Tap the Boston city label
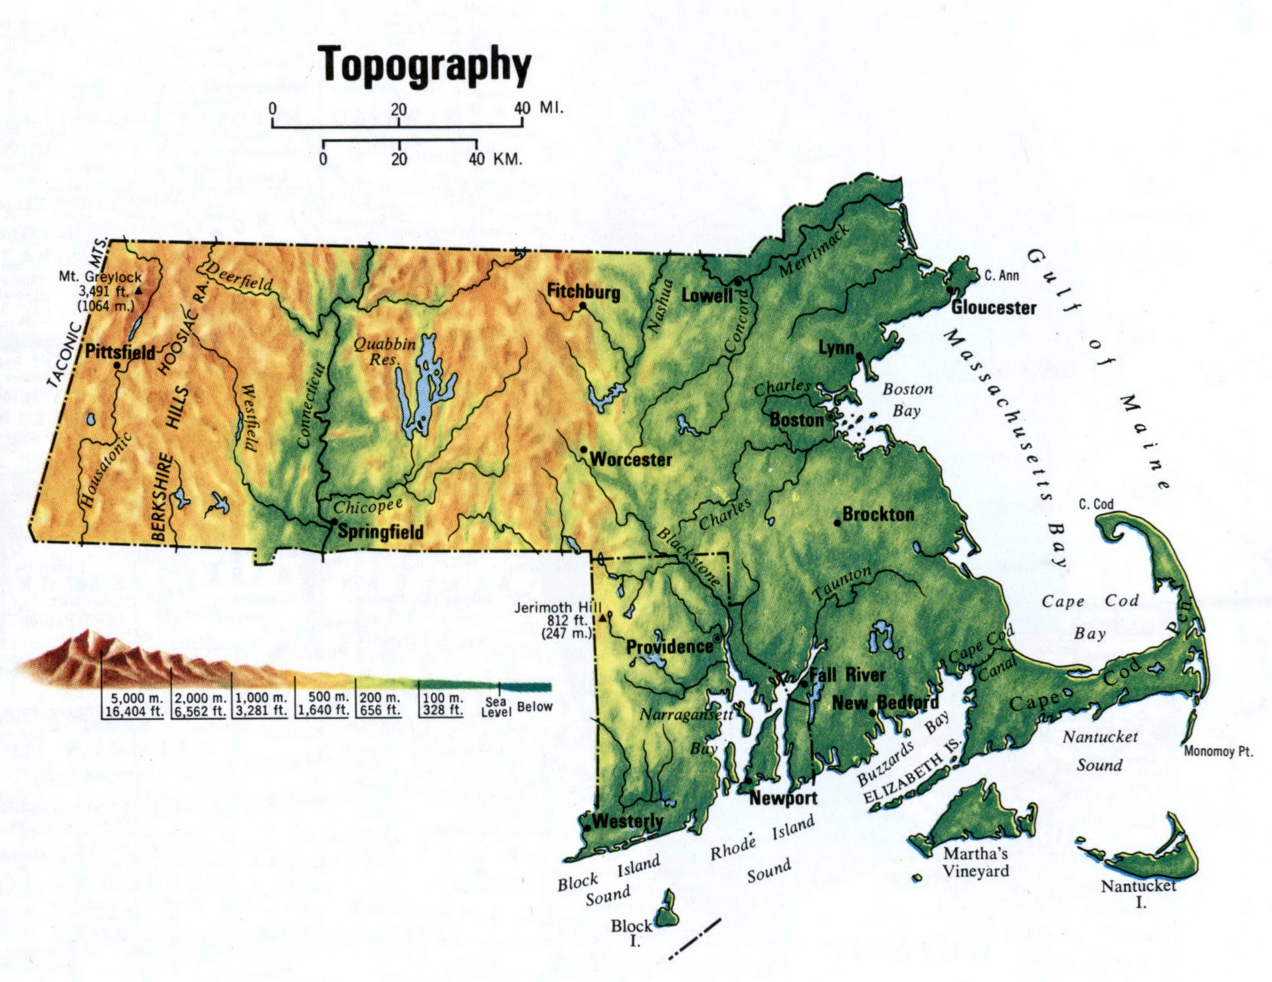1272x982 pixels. pyautogui.click(x=796, y=420)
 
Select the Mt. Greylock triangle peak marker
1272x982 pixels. pyautogui.click(x=138, y=291)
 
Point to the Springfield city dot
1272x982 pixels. pyautogui.click(x=334, y=522)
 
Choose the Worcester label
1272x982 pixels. pyautogui.click(x=630, y=459)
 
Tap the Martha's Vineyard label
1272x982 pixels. pyautogui.click(x=976, y=862)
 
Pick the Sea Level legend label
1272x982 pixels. pyautogui.click(x=496, y=707)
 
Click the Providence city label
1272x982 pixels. pyautogui.click(x=669, y=647)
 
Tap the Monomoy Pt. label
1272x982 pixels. pyautogui.click(x=1218, y=752)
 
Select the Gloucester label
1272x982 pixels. pyautogui.click(x=993, y=307)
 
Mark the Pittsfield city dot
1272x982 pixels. pyautogui.click(x=118, y=365)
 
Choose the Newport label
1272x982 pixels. pyautogui.click(x=783, y=798)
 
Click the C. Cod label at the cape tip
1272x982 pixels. pyautogui.click(x=1096, y=504)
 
